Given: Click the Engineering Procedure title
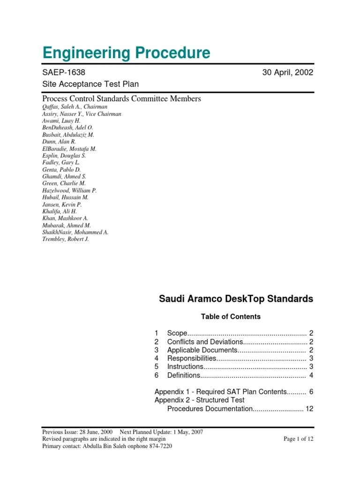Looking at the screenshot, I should click(x=126, y=53).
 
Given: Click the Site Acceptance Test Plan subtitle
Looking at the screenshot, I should click(x=90, y=84).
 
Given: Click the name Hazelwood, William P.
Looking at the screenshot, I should click(x=69, y=191).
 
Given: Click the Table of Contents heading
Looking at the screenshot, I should click(x=231, y=317).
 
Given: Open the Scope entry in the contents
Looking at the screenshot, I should click(x=177, y=333).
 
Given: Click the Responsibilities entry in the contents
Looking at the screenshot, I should click(x=191, y=359).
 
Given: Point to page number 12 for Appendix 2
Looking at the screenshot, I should click(x=309, y=409).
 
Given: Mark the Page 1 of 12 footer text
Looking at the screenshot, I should click(x=299, y=439).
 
